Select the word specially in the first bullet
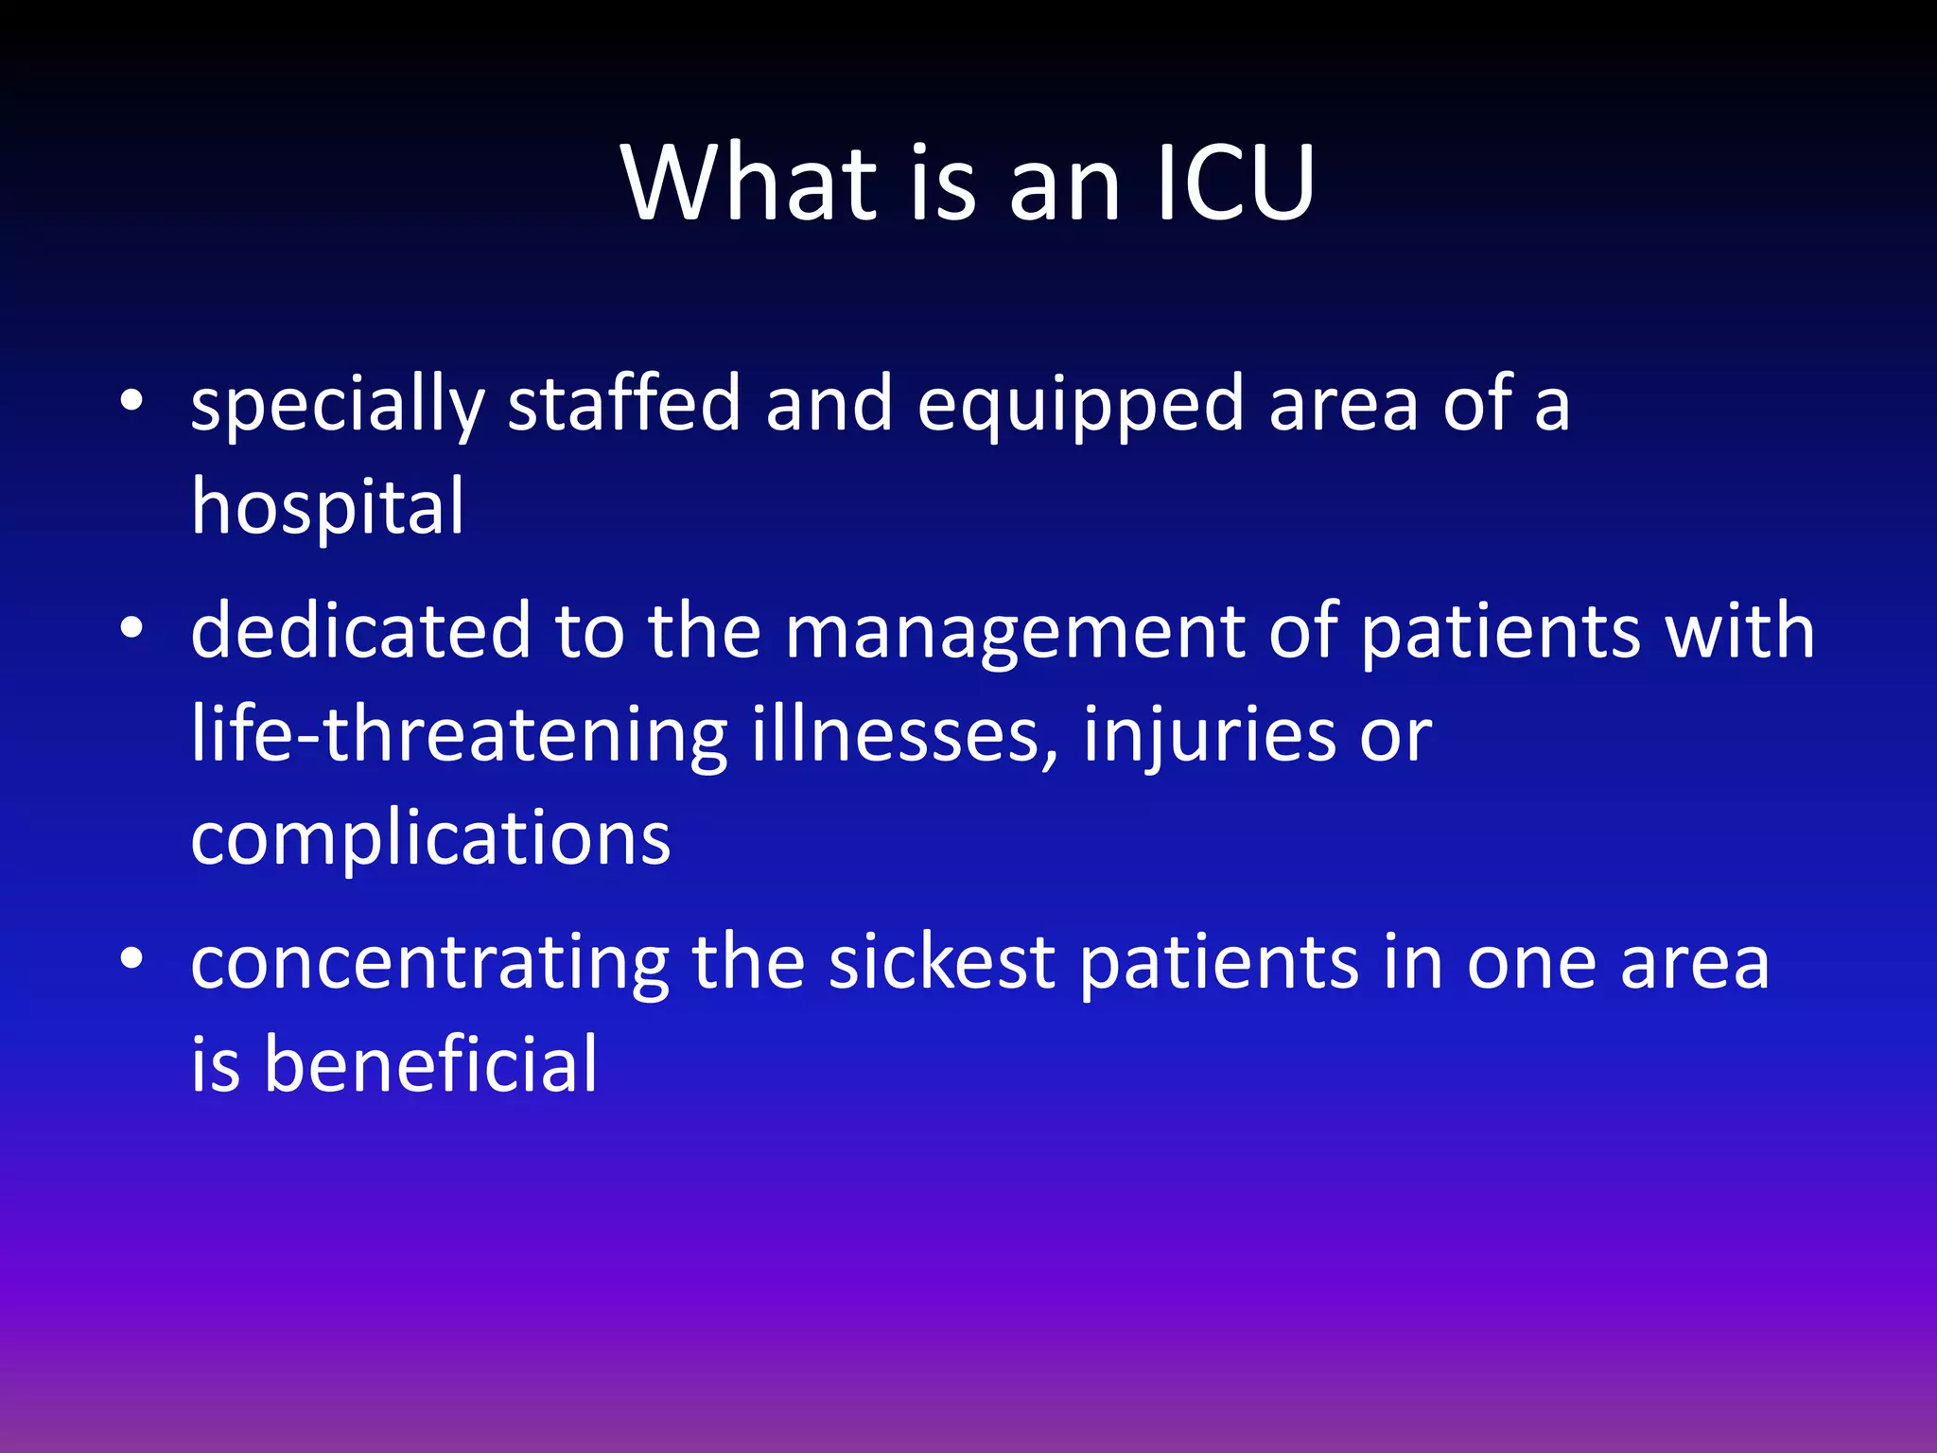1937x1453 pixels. (337, 405)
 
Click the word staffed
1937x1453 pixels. (624, 405)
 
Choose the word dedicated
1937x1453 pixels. (360, 631)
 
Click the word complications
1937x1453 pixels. (430, 838)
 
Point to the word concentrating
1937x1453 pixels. (429, 962)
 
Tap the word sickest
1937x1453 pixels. (942, 962)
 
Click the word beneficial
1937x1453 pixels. (430, 1065)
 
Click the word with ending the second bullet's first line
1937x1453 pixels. (1740, 631)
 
